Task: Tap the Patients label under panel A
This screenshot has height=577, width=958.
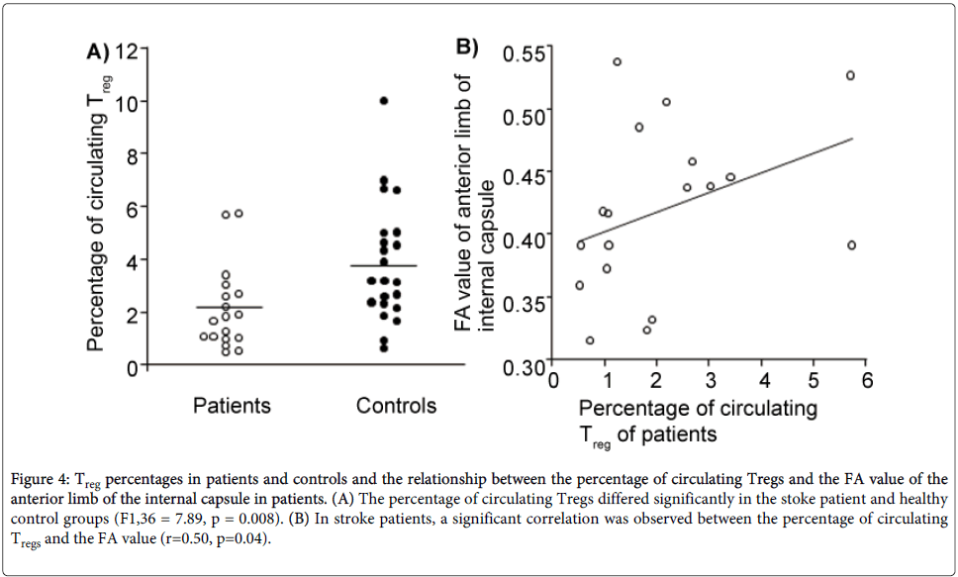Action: pyautogui.click(x=232, y=405)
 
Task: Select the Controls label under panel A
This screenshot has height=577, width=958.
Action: pyautogui.click(x=396, y=405)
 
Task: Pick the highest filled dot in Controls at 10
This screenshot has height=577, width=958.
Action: pyautogui.click(x=384, y=101)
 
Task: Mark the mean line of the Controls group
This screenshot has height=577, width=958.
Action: pyautogui.click(x=384, y=265)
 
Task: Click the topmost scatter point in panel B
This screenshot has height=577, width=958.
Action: pyautogui.click(x=617, y=61)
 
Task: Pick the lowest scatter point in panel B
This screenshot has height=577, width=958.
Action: pyautogui.click(x=590, y=340)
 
